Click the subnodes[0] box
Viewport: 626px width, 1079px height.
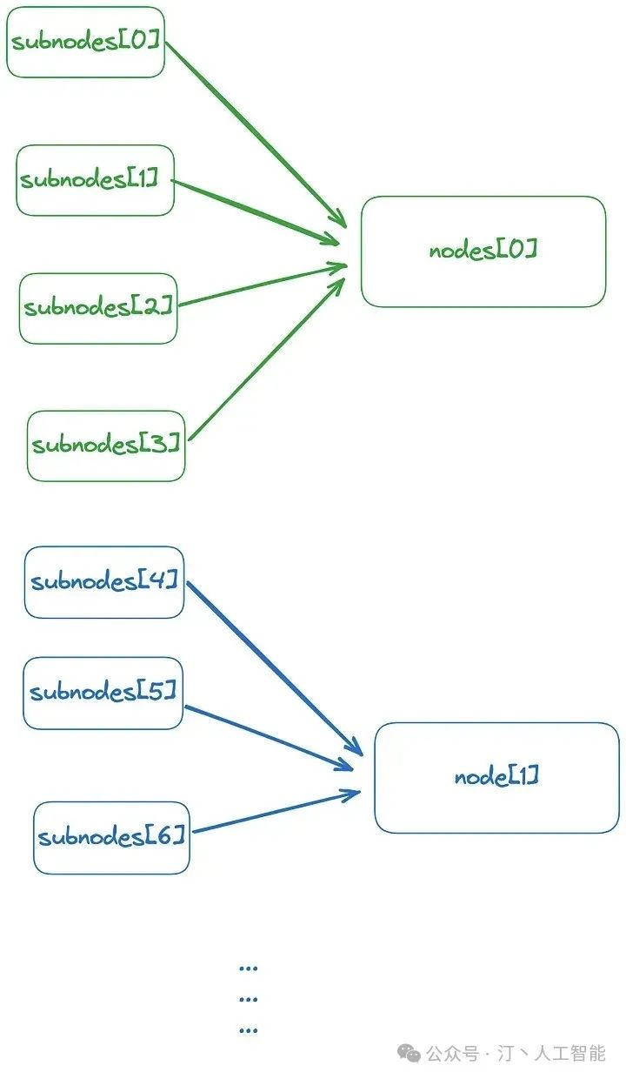pos(85,42)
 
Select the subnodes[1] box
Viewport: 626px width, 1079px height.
pos(95,180)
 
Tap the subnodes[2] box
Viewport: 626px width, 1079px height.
pos(98,308)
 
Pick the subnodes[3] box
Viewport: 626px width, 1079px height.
pos(106,446)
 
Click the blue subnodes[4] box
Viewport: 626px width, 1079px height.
pos(104,582)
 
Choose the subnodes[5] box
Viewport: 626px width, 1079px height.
pos(103,693)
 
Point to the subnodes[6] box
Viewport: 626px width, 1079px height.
pos(111,838)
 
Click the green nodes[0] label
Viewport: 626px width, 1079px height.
pos(483,251)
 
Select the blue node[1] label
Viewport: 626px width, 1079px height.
pos(496,777)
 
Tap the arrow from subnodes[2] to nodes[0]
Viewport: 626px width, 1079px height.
pos(261,285)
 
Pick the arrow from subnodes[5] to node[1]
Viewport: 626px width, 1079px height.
pos(270,738)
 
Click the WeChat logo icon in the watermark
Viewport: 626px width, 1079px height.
pos(409,1054)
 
